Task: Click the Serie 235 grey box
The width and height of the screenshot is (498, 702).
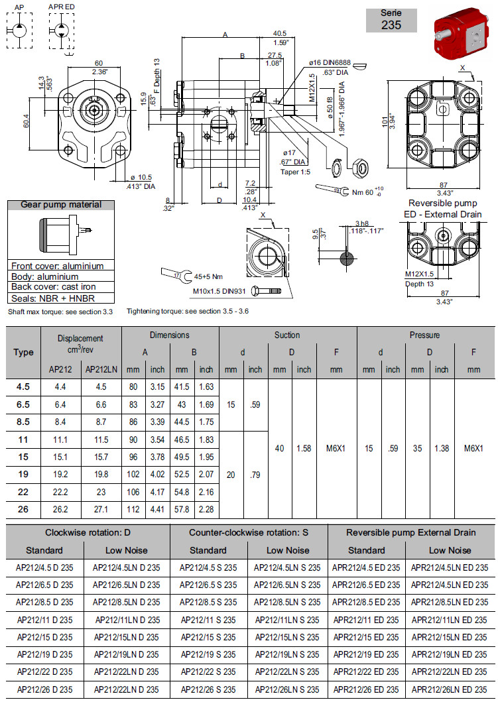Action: (391, 20)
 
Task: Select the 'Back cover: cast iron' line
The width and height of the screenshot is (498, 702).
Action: (54, 287)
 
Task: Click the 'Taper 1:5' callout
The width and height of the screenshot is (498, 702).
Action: (294, 171)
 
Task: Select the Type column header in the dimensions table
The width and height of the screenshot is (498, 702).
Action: (23, 352)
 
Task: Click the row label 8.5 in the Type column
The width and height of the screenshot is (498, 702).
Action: (23, 420)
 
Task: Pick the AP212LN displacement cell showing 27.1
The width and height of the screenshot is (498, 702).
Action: (101, 510)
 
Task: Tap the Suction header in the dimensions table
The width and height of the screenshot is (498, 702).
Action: (287, 335)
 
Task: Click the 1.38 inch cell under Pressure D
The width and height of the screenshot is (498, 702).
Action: (441, 449)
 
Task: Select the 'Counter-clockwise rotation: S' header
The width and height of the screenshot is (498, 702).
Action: (248, 532)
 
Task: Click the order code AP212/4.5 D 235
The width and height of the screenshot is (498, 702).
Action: (44, 567)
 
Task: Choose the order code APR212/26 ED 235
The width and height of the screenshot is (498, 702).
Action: (366, 689)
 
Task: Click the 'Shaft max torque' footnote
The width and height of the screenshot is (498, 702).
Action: (60, 311)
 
